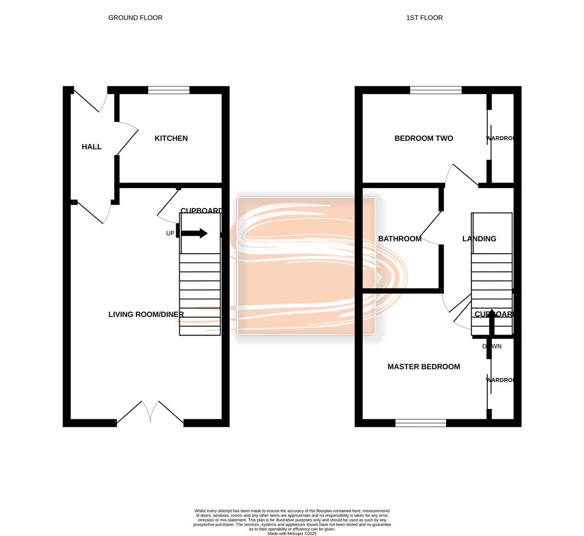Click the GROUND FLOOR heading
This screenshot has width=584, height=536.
(x=135, y=18)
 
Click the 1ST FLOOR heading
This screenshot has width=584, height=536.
(x=424, y=18)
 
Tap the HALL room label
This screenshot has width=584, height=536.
(x=91, y=147)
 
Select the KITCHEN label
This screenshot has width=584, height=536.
(x=171, y=138)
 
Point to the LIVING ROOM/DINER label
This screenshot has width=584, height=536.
(x=146, y=315)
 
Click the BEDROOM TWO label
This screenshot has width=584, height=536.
(x=424, y=138)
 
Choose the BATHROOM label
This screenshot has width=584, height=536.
(x=400, y=239)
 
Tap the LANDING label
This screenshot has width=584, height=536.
(x=479, y=239)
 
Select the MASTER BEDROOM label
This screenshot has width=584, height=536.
(x=424, y=367)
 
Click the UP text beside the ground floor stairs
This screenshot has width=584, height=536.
(x=170, y=233)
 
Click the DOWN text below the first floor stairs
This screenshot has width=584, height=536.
(x=492, y=346)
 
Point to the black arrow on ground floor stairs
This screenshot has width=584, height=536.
(x=194, y=233)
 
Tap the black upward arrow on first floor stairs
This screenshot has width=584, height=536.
(x=492, y=322)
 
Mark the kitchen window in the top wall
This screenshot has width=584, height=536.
(x=169, y=90)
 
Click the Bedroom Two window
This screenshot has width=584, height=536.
(x=436, y=90)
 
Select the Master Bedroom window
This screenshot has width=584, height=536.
(x=421, y=423)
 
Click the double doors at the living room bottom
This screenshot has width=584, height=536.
(x=150, y=413)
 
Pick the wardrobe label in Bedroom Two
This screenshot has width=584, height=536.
(x=500, y=138)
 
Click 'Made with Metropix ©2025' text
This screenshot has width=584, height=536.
(x=292, y=534)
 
